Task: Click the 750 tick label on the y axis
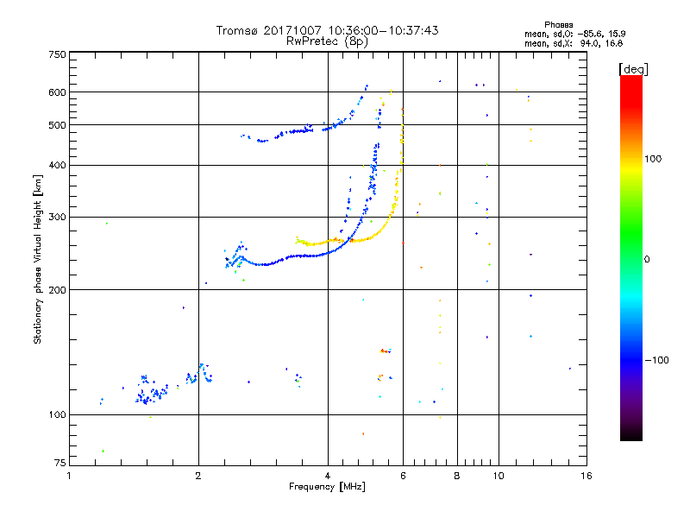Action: click(x=57, y=54)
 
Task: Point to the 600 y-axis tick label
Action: click(x=57, y=92)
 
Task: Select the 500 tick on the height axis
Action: click(x=57, y=125)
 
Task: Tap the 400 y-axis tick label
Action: click(x=57, y=165)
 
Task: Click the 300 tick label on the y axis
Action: click(x=57, y=217)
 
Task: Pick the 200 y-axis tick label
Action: click(x=57, y=289)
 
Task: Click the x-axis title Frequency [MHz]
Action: click(x=328, y=487)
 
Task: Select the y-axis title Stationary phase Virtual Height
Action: click(x=38, y=259)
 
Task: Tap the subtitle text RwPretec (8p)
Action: click(x=328, y=41)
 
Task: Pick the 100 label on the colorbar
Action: click(x=660, y=159)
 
